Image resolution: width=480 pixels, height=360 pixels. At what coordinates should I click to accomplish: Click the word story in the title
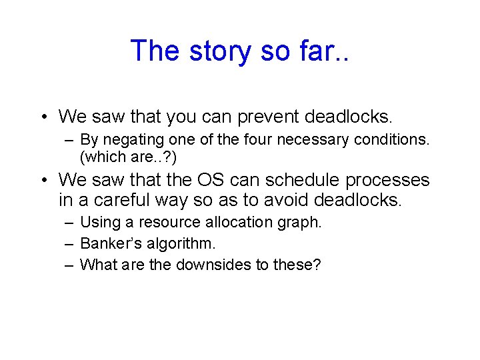(x=215, y=51)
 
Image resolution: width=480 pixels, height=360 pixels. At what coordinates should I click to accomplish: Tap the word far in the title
(x=316, y=51)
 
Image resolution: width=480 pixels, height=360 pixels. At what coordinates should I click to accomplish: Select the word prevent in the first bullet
(x=261, y=117)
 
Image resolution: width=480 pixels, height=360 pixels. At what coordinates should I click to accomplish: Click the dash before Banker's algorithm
(x=69, y=244)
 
